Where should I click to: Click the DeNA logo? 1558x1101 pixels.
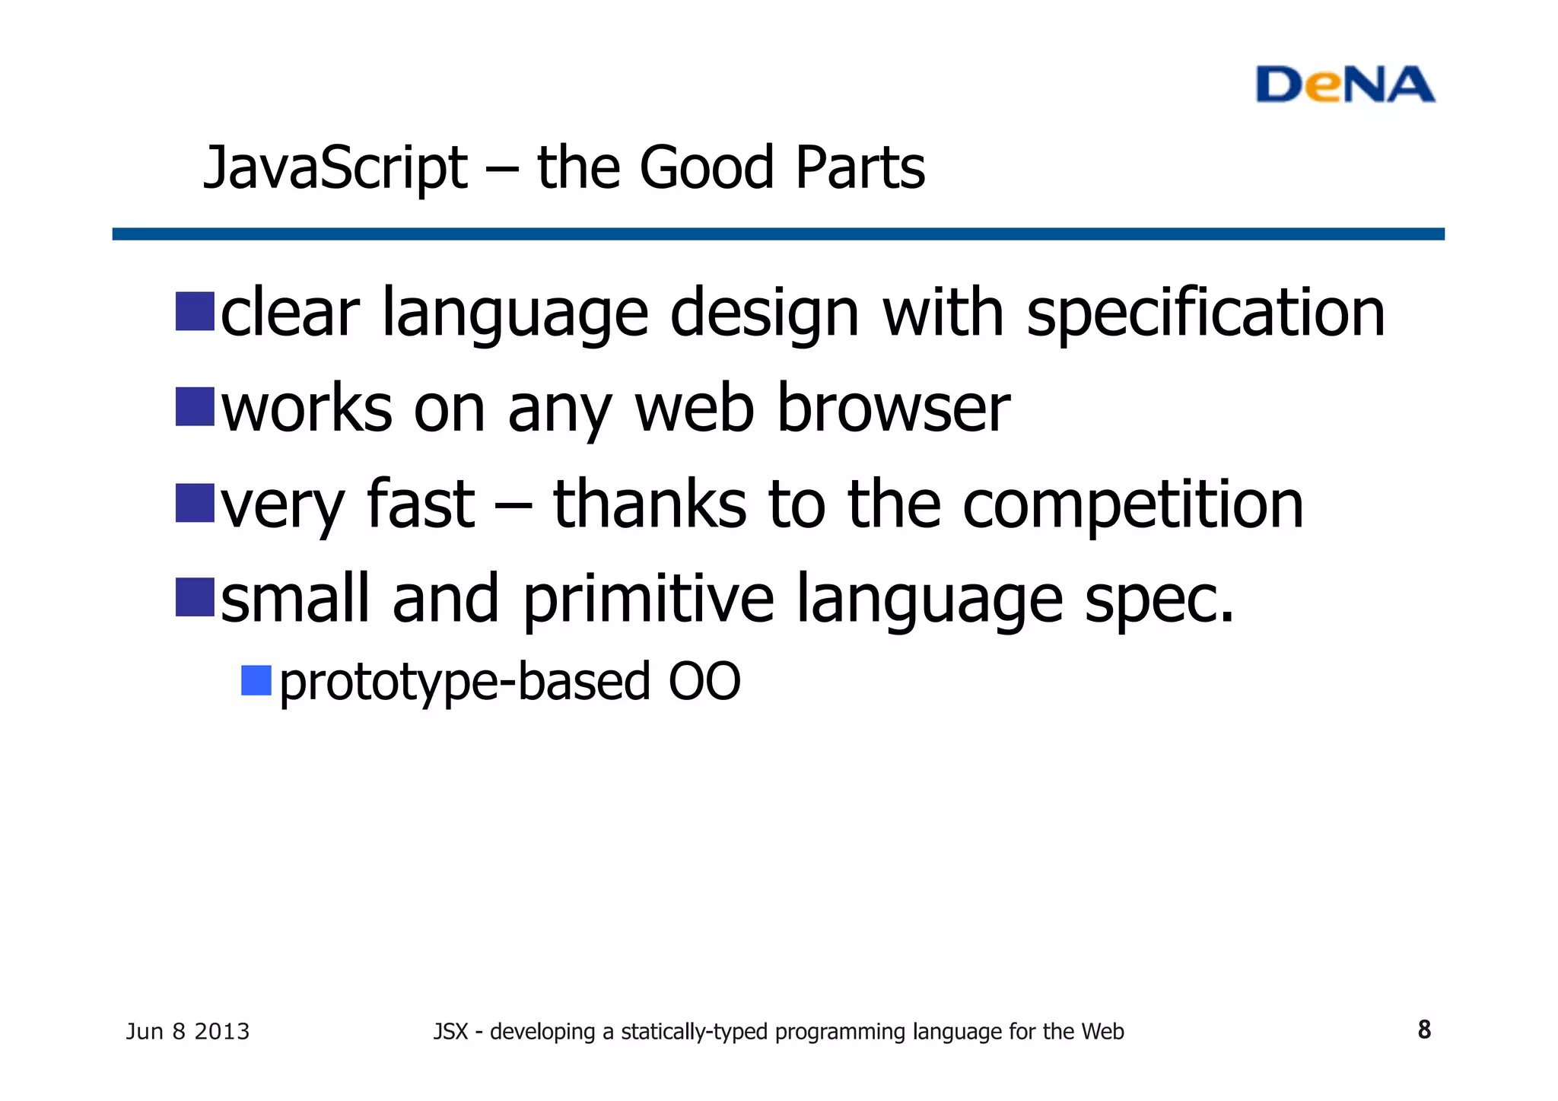1344,84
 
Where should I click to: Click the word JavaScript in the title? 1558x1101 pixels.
335,168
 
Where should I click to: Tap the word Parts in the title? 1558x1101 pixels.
860,168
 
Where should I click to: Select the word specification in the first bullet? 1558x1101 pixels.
1205,314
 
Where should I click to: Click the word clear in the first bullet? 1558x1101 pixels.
290,313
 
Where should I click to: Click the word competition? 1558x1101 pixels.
1133,505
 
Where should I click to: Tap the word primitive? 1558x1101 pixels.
648,600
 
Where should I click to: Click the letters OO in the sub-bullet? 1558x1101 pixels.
704,682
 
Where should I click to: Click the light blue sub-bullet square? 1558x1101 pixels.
256,680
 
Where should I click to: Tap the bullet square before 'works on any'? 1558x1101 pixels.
195,406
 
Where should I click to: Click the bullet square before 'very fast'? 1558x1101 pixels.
195,503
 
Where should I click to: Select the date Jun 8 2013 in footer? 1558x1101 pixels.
188,1032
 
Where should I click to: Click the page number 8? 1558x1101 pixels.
1424,1030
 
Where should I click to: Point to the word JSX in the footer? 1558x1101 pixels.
450,1032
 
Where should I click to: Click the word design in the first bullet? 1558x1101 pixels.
765,314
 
